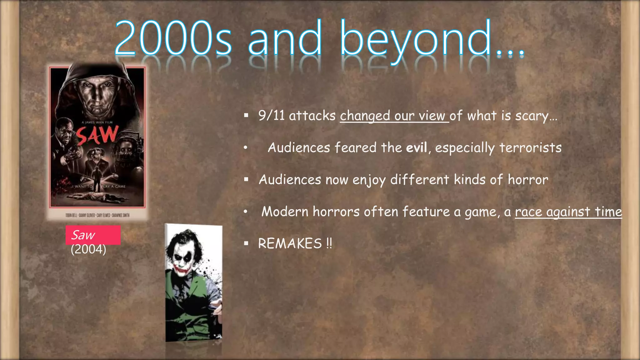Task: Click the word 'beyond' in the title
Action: click(416, 39)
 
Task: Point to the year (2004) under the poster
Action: click(88, 249)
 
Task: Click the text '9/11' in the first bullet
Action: click(271, 116)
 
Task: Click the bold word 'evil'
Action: click(417, 147)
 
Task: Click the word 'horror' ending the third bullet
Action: click(528, 180)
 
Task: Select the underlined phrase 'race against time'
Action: click(568, 212)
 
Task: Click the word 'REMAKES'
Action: click(290, 243)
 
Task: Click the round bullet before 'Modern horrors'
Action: click(246, 212)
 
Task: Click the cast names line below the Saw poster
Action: click(97, 215)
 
